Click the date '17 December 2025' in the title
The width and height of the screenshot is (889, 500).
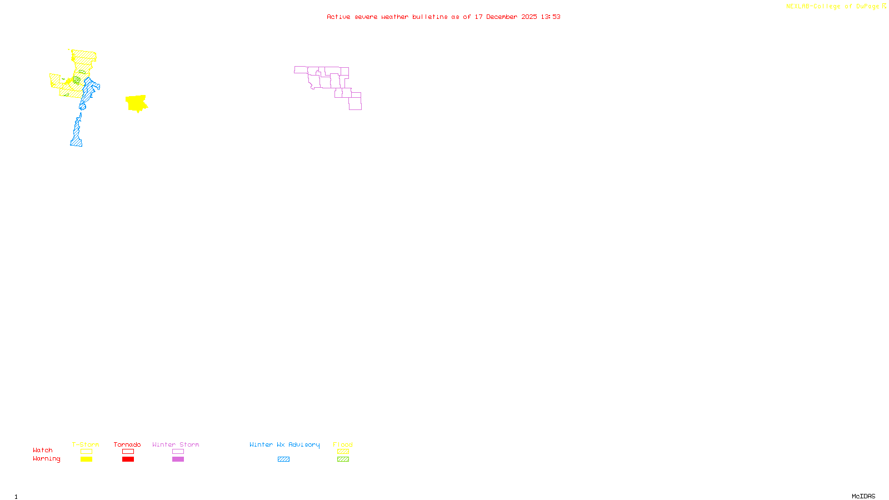click(x=506, y=17)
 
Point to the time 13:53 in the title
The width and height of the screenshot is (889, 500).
click(x=551, y=17)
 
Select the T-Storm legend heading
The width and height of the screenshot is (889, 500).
click(x=86, y=444)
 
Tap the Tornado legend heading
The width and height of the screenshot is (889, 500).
click(x=127, y=444)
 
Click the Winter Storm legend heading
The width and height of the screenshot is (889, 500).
click(x=176, y=444)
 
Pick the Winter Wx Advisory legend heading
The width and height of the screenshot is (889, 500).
click(x=284, y=444)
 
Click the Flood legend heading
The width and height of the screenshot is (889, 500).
click(x=343, y=444)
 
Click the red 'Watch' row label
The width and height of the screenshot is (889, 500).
click(x=43, y=451)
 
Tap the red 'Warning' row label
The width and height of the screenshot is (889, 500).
click(x=47, y=459)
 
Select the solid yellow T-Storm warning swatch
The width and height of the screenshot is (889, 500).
click(x=86, y=459)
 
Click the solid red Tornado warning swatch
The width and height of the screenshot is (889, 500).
click(x=128, y=459)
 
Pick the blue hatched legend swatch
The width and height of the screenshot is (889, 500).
click(x=283, y=459)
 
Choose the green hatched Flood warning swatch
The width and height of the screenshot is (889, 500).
click(x=343, y=459)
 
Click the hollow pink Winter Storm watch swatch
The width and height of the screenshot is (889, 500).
click(x=178, y=452)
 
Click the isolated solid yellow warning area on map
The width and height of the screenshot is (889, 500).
click(x=136, y=103)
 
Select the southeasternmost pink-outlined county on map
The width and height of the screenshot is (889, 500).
click(x=355, y=104)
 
